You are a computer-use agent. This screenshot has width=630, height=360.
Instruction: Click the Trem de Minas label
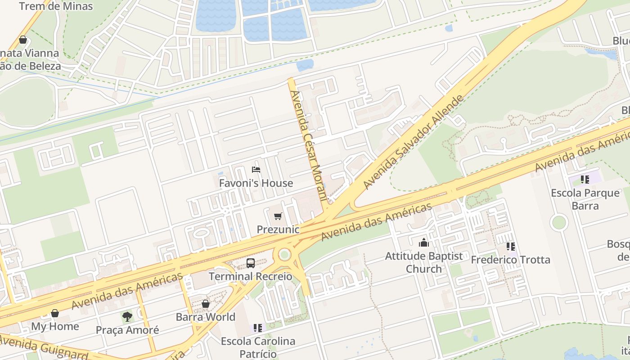pos(56,6)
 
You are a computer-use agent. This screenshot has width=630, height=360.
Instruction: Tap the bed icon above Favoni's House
pos(256,170)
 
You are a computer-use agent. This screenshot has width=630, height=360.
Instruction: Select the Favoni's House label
pos(256,183)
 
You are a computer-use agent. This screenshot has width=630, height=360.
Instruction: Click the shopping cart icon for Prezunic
pos(278,216)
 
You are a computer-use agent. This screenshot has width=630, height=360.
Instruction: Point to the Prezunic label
pos(278,229)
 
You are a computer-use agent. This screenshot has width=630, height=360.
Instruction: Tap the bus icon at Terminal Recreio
pos(251,263)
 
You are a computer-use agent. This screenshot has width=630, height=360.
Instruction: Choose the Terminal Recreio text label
pos(251,276)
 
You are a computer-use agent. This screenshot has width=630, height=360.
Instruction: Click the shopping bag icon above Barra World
pos(206,304)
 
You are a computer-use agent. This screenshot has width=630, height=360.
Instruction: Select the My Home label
pos(55,326)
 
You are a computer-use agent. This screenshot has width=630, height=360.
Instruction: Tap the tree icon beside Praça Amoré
pos(127,317)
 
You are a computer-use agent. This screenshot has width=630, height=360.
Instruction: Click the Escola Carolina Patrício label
pos(258,347)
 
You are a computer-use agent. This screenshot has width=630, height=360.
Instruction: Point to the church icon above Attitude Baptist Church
pos(424,243)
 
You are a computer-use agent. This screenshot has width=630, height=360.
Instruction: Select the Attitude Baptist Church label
pos(424,262)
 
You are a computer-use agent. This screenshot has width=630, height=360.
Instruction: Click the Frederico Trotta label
pos(510,260)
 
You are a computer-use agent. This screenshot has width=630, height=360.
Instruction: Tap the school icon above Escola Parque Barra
pos(585,180)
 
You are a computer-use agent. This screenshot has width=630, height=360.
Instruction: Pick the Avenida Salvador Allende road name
pos(413,142)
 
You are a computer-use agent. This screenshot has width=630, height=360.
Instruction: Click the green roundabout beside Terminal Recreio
pos(284,255)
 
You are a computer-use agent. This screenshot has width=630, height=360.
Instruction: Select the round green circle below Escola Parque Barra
pos(559,222)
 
